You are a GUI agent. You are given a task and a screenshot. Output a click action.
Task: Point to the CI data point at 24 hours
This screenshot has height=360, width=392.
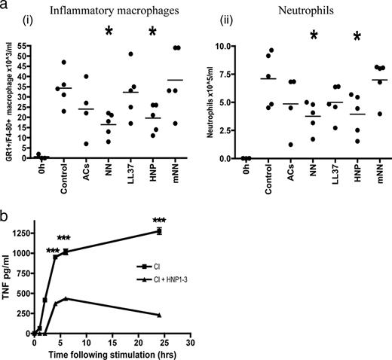[159, 231]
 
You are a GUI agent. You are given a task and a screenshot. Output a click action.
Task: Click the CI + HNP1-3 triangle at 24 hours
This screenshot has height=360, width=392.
[159, 315]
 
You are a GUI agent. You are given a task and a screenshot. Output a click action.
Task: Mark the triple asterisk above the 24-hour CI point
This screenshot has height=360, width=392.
[159, 221]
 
